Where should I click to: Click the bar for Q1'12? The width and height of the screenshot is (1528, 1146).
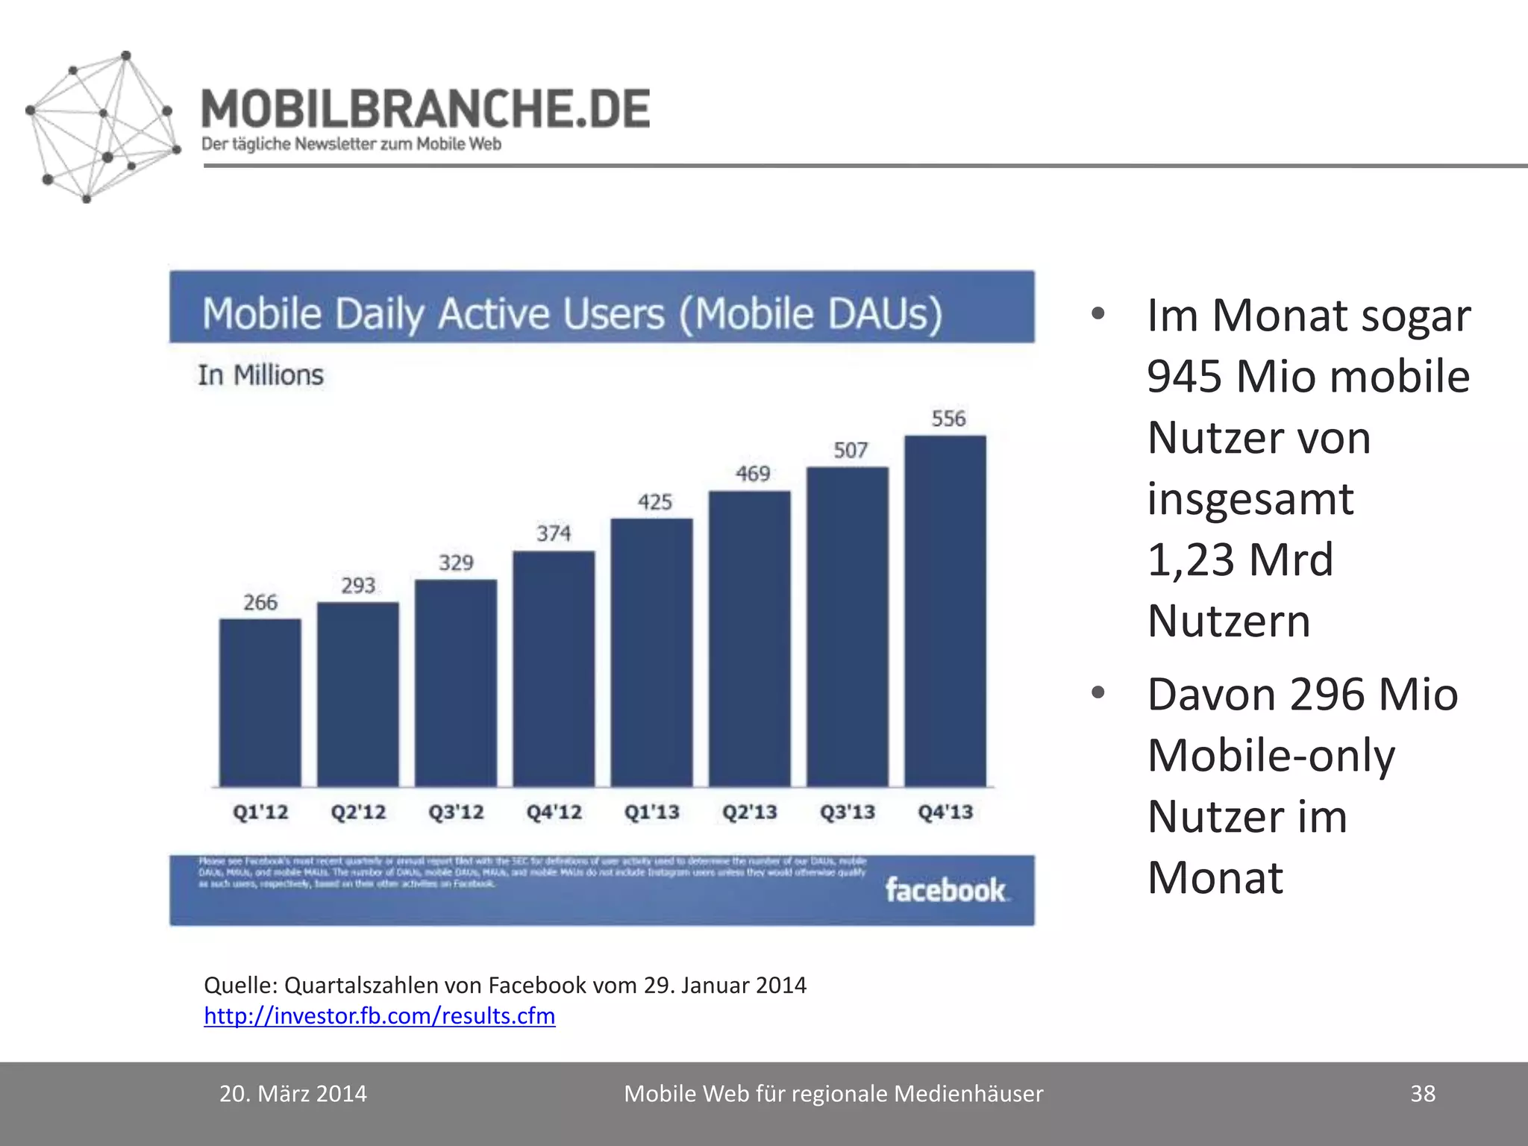point(260,702)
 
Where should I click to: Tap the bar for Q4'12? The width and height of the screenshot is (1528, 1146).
point(554,668)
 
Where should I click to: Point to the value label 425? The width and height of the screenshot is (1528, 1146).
point(654,502)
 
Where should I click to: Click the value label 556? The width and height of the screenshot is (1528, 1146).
point(948,419)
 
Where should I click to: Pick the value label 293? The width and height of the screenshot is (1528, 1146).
point(358,586)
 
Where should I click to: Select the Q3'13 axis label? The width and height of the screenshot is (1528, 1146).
point(848,812)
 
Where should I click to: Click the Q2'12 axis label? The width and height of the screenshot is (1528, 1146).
point(358,812)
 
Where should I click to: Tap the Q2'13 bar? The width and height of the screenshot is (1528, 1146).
point(749,639)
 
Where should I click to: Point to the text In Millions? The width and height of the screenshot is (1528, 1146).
point(260,375)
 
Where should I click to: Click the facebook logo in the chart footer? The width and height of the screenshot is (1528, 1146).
point(945,890)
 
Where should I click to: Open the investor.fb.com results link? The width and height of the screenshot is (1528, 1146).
point(379,1015)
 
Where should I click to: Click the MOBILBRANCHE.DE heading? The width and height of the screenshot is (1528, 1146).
point(425,108)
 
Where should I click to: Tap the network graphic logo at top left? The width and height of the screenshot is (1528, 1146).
point(101,127)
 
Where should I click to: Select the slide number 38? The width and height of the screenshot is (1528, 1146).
point(1422,1093)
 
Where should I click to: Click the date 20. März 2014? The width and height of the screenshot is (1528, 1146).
point(292,1093)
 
